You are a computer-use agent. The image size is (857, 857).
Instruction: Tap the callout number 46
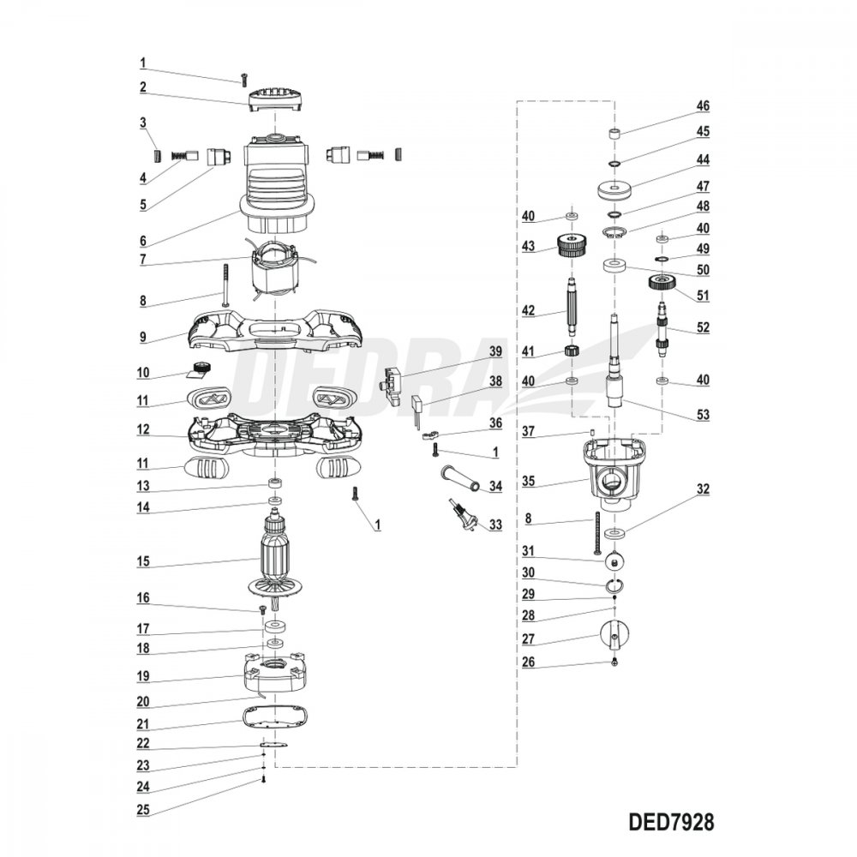[703, 106]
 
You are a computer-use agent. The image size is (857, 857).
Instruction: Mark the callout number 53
[703, 415]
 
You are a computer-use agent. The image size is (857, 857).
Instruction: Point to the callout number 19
[143, 676]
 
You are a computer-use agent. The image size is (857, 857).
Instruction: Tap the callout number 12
[143, 428]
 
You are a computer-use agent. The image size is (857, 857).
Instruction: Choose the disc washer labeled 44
[616, 189]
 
